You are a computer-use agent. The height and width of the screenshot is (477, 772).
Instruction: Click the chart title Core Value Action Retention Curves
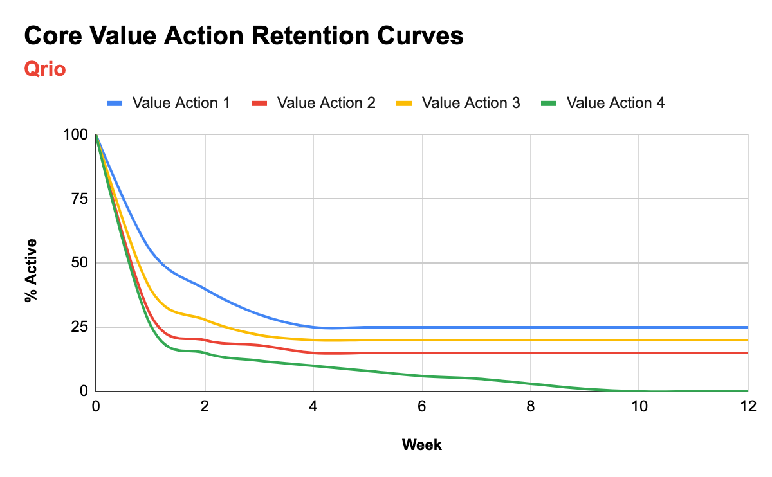tap(243, 37)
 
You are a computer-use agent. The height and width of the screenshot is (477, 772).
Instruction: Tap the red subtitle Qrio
tap(44, 69)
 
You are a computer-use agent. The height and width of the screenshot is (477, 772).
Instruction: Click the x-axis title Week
tap(421, 444)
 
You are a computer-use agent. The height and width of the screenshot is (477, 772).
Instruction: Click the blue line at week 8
tap(531, 327)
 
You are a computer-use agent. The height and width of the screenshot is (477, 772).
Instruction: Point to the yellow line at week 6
tap(422, 340)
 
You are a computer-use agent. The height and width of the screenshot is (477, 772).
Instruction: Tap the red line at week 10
tap(639, 353)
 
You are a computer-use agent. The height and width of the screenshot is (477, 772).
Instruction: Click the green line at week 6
tap(422, 376)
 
